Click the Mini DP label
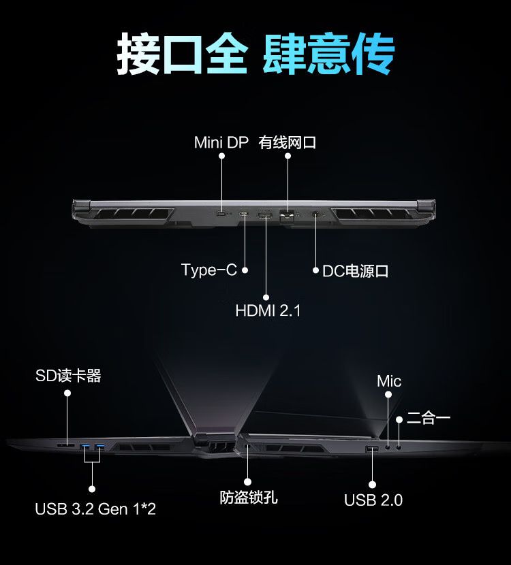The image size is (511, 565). click(221, 142)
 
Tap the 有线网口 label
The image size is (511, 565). click(288, 142)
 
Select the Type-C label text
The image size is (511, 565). click(209, 270)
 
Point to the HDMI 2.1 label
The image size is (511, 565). click(268, 310)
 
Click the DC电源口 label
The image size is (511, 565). click(355, 272)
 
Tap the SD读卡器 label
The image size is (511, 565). click(68, 376)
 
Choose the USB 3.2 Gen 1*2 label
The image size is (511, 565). click(95, 509)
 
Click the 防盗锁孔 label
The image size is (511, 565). click(249, 498)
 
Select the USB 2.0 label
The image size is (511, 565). click(373, 500)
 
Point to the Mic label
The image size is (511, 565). click(389, 381)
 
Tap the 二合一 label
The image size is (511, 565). click(429, 418)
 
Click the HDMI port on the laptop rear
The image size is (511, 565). click(265, 216)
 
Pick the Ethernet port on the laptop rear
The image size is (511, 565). click(287, 217)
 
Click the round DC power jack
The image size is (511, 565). click(316, 214)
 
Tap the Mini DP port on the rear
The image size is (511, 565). click(221, 214)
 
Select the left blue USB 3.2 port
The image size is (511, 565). click(85, 447)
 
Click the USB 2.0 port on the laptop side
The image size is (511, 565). click(372, 449)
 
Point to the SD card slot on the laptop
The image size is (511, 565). click(65, 446)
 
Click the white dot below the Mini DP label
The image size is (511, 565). click(222, 156)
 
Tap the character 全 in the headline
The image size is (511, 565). click(227, 54)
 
